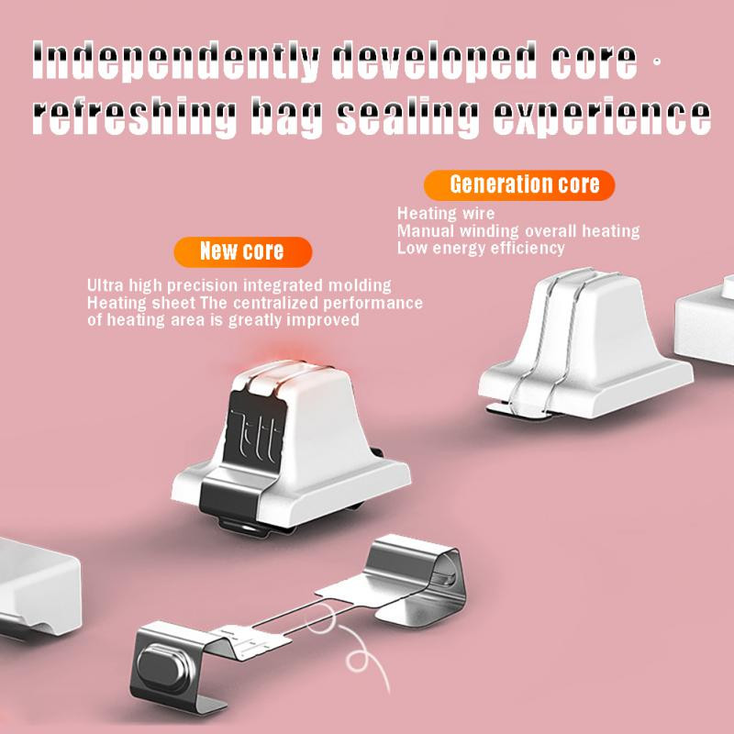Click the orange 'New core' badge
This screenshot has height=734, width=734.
point(242,251)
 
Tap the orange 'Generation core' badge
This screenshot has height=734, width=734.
point(519,185)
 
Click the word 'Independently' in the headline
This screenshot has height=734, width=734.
point(175,61)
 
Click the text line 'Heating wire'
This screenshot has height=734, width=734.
point(446,214)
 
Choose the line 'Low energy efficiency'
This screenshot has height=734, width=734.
point(481,248)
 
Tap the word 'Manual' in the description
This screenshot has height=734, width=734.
point(426,231)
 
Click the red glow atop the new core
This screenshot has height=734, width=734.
point(286,358)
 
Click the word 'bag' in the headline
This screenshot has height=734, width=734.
point(287,117)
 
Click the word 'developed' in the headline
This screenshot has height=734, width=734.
point(434,61)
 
